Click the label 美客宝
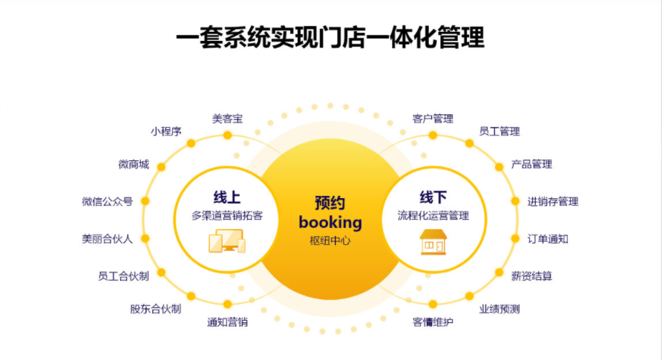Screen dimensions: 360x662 (x=227, y=118)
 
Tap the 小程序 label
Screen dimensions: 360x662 (x=166, y=131)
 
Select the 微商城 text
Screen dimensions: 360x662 (x=134, y=164)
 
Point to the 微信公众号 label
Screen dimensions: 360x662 (x=108, y=201)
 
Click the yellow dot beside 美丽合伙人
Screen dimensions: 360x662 (x=145, y=238)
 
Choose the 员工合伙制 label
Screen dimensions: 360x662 (x=123, y=276)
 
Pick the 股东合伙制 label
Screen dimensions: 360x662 (x=155, y=309)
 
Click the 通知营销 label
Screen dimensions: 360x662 (x=227, y=322)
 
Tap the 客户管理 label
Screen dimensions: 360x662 (x=433, y=118)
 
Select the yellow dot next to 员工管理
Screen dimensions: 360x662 (x=469, y=143)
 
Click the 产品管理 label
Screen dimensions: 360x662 (x=531, y=164)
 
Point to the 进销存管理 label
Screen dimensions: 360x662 (x=553, y=201)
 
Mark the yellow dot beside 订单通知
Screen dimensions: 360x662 (x=515, y=238)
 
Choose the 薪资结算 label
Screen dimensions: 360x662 (x=531, y=276)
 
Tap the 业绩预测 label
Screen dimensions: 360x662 (x=499, y=309)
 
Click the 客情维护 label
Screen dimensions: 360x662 (x=433, y=322)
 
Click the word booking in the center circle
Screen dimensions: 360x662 (x=330, y=222)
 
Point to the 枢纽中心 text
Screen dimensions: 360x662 (x=330, y=240)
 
